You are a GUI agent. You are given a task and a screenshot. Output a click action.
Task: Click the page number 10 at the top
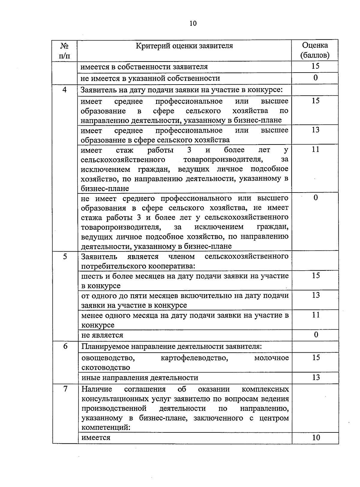[x=193, y=23]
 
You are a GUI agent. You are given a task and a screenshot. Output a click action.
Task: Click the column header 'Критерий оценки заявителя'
[x=184, y=46]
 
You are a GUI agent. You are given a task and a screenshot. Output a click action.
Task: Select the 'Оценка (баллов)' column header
[x=315, y=50]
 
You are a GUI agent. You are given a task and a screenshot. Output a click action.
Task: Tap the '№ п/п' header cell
[x=64, y=50]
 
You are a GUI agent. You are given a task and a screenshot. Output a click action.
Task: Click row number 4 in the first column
[x=64, y=90]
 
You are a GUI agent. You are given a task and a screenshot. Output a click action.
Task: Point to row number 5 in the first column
[x=65, y=256]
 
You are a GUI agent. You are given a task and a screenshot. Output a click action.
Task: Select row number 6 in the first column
[x=65, y=346]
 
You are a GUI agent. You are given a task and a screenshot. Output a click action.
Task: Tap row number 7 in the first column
[x=65, y=389]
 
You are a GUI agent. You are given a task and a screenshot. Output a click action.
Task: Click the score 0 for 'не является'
[x=316, y=335]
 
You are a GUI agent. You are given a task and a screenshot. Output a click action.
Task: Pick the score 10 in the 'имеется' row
[x=316, y=438]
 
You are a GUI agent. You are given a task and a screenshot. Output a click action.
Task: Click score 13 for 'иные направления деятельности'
[x=316, y=377]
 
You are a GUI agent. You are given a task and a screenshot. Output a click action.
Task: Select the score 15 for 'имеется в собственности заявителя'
[x=315, y=66]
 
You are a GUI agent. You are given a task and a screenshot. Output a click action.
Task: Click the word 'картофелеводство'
[x=194, y=358]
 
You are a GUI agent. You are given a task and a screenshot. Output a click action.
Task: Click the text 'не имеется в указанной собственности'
[x=150, y=79]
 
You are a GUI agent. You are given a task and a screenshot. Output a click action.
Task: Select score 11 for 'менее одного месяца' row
[x=316, y=315]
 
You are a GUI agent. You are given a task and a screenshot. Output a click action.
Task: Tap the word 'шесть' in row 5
[x=90, y=276]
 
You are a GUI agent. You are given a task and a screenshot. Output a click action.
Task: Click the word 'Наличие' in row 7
[x=97, y=389]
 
